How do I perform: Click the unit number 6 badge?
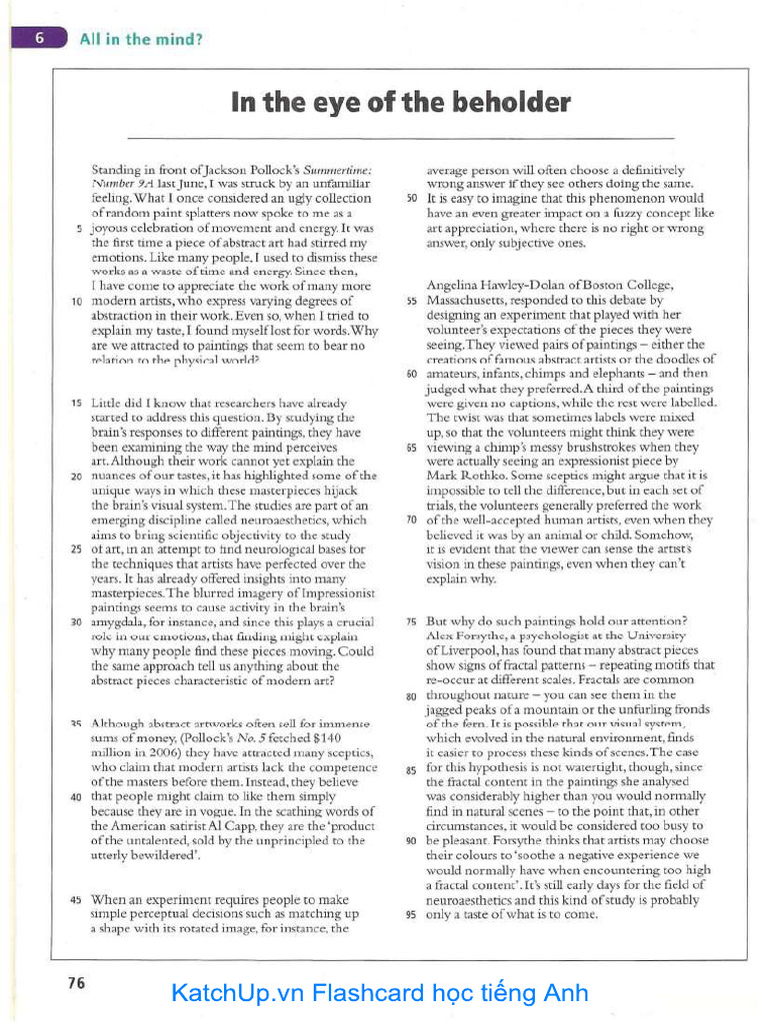coord(39,39)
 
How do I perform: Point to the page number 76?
coord(76,982)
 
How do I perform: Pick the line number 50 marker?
coord(411,199)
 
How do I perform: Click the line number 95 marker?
coord(411,914)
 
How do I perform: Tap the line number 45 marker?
coord(75,900)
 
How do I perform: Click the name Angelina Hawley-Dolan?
coord(487,286)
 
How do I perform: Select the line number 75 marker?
coord(411,621)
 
